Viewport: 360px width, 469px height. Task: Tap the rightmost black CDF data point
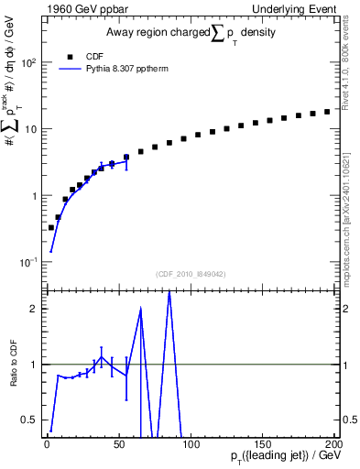click(327, 112)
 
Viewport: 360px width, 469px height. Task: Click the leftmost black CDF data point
click(51, 227)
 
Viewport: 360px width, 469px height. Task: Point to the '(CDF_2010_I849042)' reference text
click(190, 274)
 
